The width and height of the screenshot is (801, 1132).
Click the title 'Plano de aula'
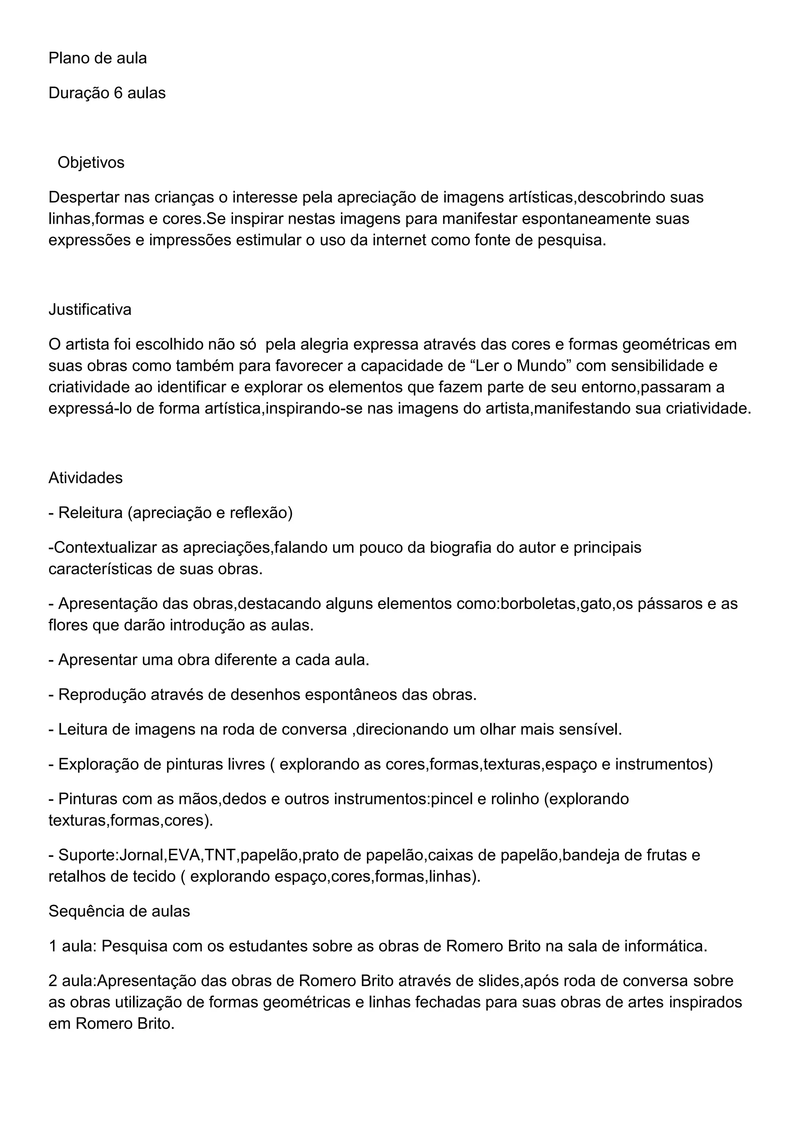pos(98,58)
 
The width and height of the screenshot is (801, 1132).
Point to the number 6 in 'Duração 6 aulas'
pos(118,93)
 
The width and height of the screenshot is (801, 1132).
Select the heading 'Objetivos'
pos(91,162)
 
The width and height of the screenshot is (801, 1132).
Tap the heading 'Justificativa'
pos(90,309)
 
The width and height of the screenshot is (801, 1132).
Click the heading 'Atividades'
pos(85,477)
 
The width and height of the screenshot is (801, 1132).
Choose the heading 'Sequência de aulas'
pos(119,911)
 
